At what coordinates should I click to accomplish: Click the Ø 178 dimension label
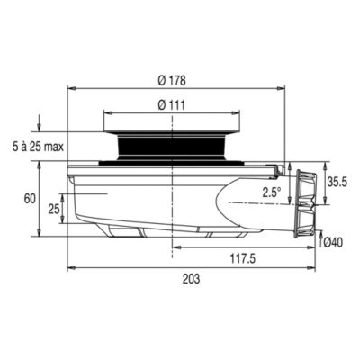[171, 80]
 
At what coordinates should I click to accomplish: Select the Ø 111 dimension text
[171, 105]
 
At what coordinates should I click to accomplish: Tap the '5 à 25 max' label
[39, 147]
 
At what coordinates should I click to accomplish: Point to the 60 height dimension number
[30, 199]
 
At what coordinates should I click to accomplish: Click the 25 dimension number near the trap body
[54, 210]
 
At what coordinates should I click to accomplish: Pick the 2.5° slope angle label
[272, 193]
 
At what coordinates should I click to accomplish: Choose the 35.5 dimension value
[337, 182]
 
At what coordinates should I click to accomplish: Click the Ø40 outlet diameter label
[333, 242]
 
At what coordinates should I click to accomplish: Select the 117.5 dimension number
[243, 258]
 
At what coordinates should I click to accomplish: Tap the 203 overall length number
[191, 279]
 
